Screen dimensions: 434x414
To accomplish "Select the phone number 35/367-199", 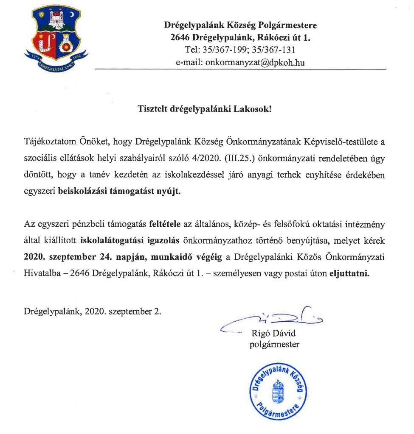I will [220, 50].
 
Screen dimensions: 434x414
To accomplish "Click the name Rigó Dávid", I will [273, 333].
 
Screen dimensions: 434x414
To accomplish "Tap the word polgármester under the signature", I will [274, 344].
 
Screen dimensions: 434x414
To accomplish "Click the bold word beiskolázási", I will [82, 191].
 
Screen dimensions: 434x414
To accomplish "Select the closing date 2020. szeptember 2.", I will [123, 311].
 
